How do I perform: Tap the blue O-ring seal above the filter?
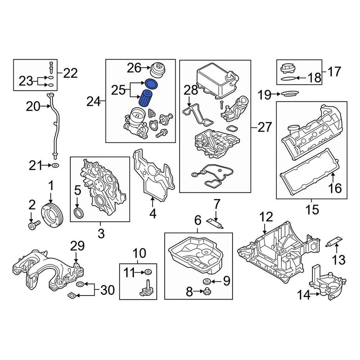pos(151,83)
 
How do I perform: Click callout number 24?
pos(94,101)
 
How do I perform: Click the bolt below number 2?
pos(33,225)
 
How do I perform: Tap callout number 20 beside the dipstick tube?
pos(33,107)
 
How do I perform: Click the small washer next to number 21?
pos(55,165)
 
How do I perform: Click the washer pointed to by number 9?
pos(205,281)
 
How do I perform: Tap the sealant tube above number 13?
pos(335,241)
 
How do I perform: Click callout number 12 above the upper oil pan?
pos(266,217)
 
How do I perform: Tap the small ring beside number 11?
pos(149,273)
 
